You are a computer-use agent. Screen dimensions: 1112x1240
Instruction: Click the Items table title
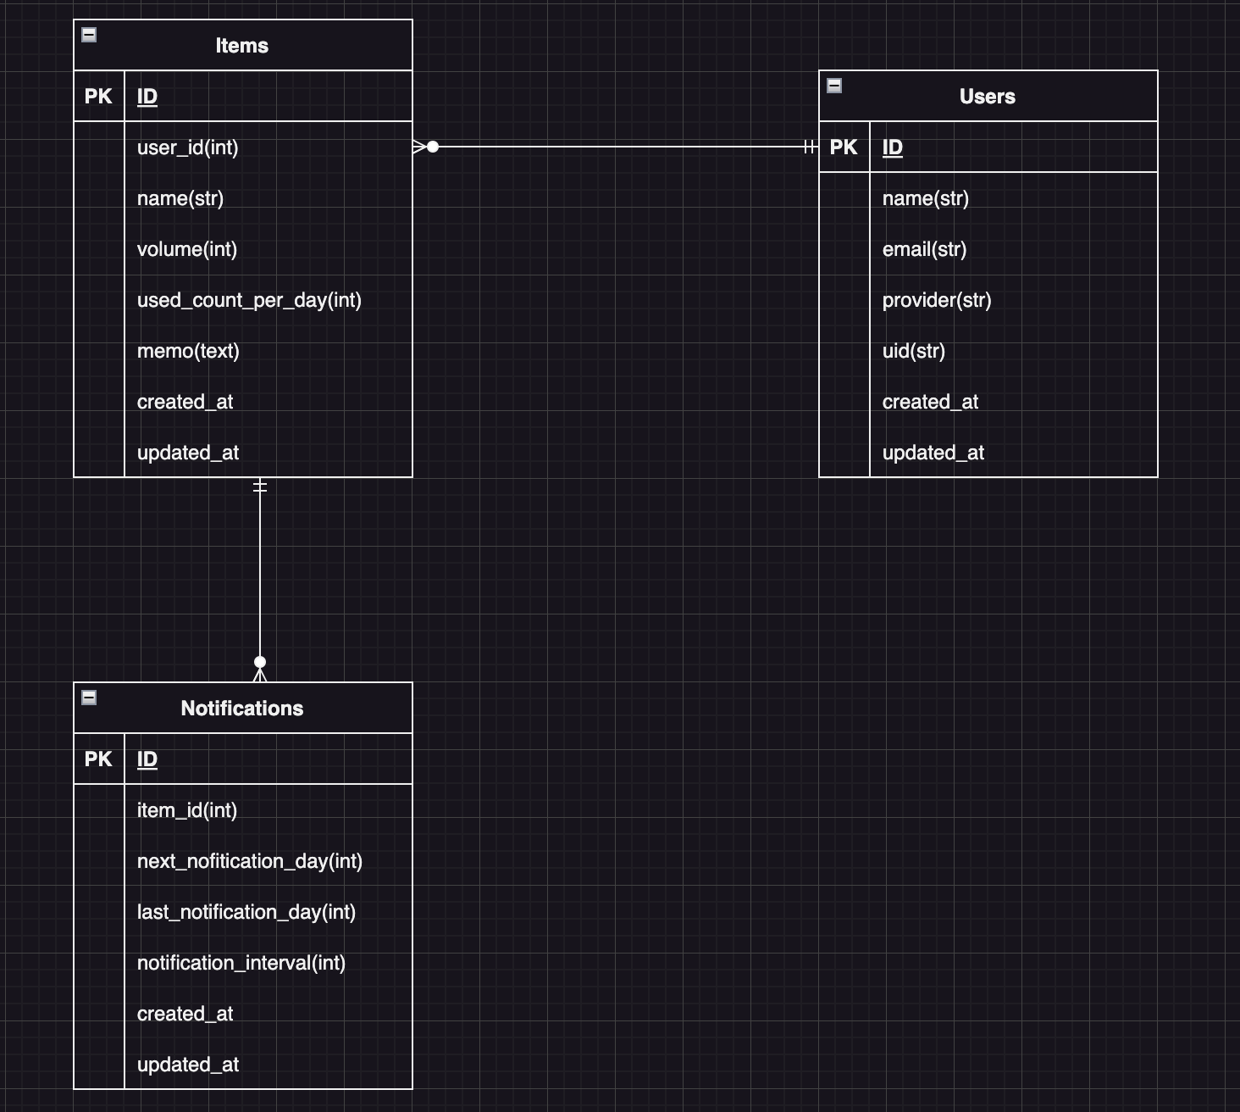[241, 46]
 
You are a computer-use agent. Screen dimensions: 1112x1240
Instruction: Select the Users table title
[987, 97]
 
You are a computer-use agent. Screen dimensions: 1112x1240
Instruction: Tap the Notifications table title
[241, 709]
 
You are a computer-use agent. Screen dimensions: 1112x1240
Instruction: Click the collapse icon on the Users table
[834, 86]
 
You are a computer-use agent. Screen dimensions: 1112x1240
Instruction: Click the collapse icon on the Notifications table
[89, 698]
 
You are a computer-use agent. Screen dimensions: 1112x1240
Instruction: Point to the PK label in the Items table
[98, 97]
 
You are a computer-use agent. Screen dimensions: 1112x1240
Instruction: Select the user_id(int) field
[188, 147]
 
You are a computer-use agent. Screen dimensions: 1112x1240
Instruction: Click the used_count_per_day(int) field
[249, 300]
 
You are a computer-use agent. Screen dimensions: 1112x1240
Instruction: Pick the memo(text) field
[188, 351]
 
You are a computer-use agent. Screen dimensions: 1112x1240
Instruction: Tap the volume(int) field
[187, 249]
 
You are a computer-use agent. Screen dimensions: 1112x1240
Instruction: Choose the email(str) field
[924, 249]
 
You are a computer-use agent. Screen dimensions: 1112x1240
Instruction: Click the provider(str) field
[937, 300]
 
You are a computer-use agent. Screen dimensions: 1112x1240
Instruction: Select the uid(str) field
[914, 351]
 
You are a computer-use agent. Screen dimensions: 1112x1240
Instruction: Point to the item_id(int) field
[187, 810]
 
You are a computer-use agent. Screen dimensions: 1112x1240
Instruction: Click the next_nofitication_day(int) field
[250, 861]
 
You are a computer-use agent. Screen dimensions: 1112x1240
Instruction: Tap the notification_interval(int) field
[241, 963]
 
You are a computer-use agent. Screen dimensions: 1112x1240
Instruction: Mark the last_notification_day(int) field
[246, 912]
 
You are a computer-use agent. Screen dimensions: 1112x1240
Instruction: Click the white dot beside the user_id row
[433, 147]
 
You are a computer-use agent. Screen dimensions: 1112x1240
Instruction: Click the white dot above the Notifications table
[260, 662]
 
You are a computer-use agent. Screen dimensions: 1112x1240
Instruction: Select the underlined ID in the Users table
[893, 147]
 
